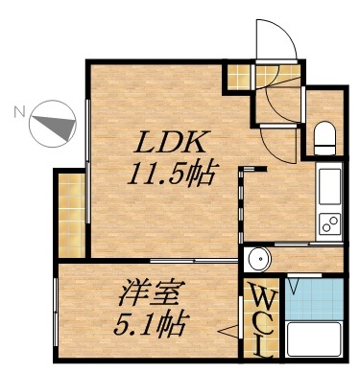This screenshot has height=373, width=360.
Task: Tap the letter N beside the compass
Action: (18, 110)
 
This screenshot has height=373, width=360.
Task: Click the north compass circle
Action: (54, 124)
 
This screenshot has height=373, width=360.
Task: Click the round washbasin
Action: (257, 259)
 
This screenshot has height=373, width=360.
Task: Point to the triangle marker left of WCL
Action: (231, 332)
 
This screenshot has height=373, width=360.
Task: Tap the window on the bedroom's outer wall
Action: (57, 316)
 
